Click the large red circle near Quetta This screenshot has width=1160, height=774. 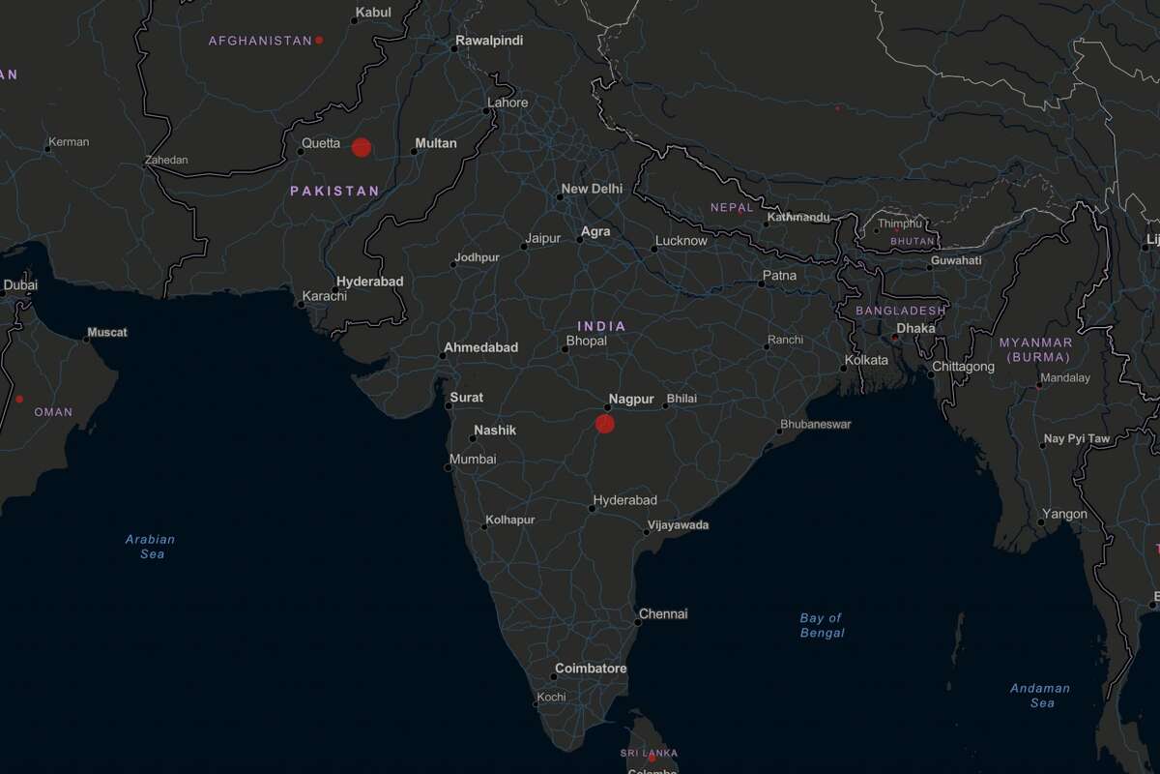coord(362,147)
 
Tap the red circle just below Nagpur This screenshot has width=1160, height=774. coord(605,423)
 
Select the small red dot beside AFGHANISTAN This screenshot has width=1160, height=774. coord(319,40)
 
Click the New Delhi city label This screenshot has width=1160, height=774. coord(592,189)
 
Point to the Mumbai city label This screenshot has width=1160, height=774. coord(473,459)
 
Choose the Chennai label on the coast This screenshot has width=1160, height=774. coord(663,613)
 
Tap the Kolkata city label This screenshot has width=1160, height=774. coord(866,360)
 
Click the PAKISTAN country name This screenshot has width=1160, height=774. coord(335,192)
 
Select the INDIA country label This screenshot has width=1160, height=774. coord(601,326)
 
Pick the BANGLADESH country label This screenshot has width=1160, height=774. coord(901,311)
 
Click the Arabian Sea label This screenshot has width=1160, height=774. coord(151,547)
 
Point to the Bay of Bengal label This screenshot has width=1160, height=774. coord(822,625)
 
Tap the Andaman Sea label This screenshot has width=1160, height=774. coord(1040,696)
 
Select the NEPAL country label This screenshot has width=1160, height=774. coord(731,207)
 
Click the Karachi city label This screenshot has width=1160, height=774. coord(324,296)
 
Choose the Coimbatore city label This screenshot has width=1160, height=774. coord(591,669)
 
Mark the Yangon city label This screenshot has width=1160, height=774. coord(1064,514)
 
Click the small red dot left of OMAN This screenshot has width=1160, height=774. coord(19,399)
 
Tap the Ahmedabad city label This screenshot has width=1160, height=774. coord(480,347)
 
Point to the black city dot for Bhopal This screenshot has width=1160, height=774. coord(565,348)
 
